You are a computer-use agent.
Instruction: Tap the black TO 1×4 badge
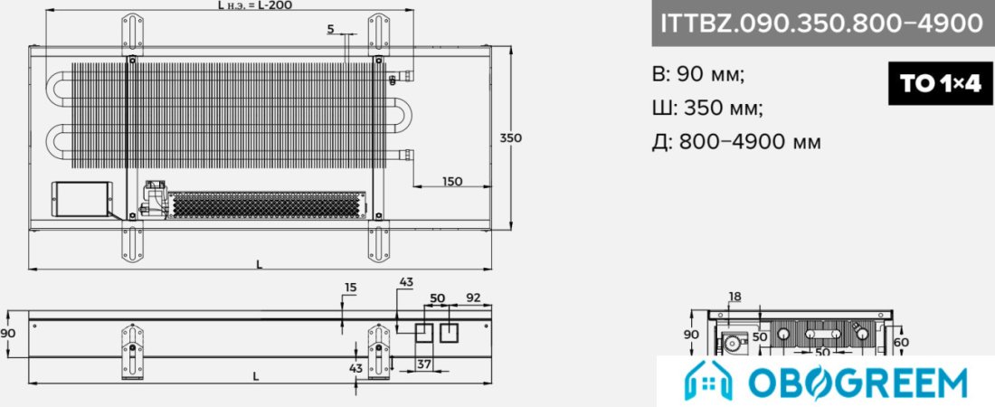click(x=941, y=83)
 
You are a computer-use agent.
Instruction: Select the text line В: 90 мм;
click(x=698, y=74)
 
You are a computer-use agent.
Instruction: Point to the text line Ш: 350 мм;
click(x=707, y=108)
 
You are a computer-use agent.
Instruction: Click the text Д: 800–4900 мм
click(x=736, y=142)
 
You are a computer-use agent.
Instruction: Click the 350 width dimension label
click(x=511, y=137)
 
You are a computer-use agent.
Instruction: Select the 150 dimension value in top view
click(x=451, y=181)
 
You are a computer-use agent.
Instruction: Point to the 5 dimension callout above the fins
click(x=330, y=29)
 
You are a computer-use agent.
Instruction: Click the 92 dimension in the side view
click(x=473, y=298)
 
